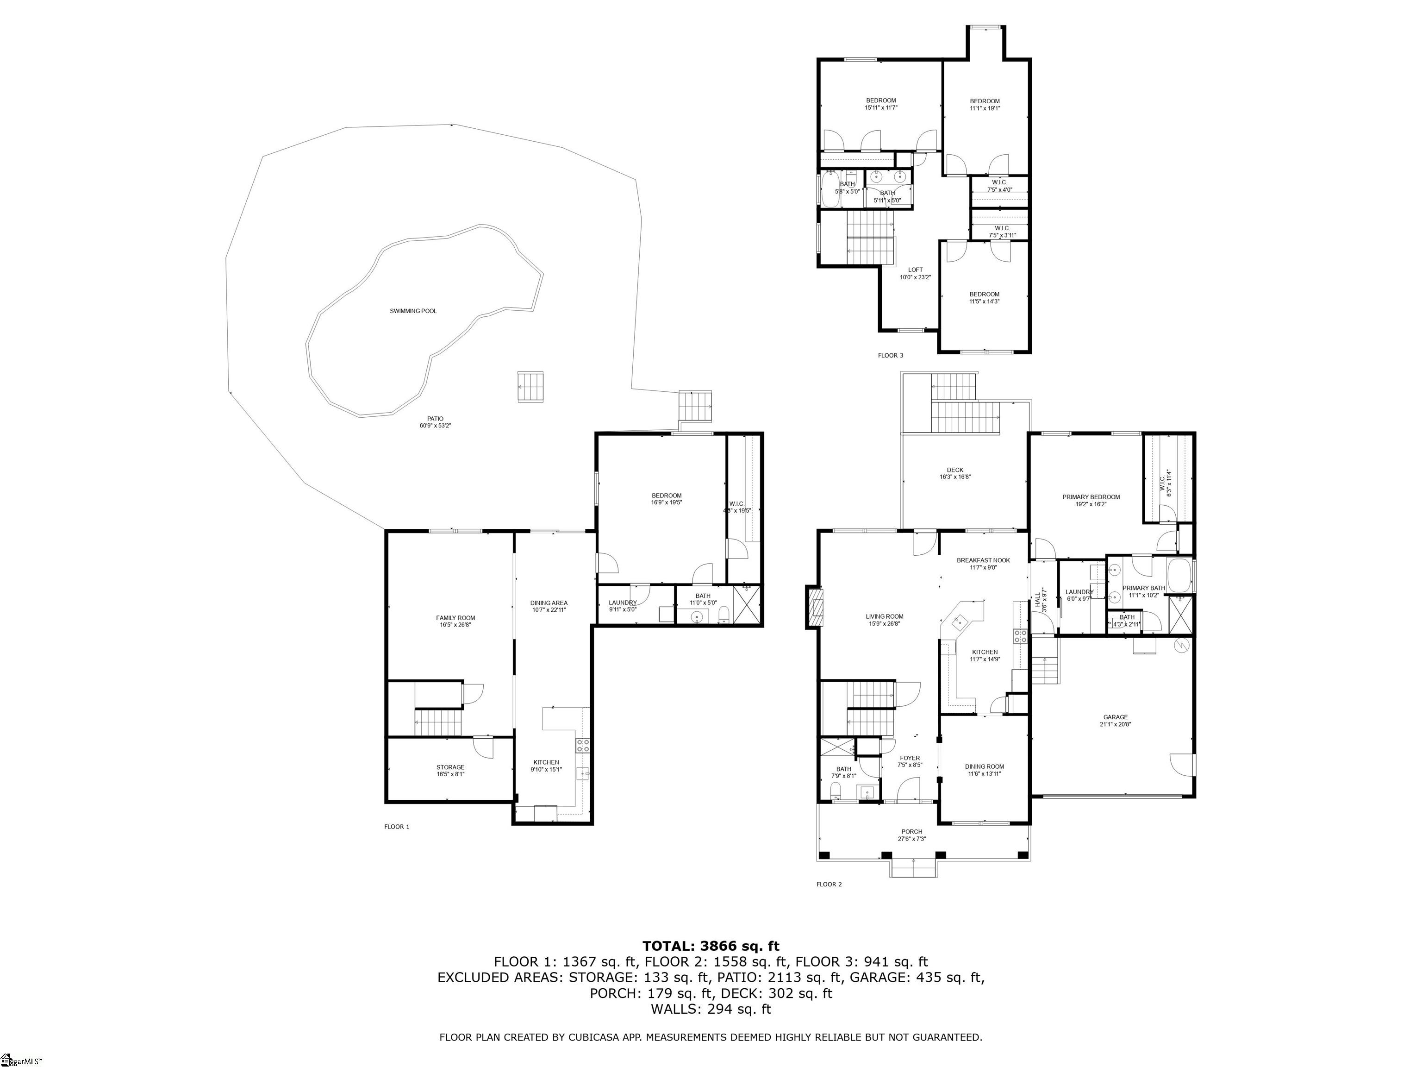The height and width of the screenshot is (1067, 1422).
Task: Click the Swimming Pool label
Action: [413, 311]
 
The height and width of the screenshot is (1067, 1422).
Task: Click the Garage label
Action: [1116, 717]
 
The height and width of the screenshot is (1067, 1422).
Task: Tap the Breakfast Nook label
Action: [983, 560]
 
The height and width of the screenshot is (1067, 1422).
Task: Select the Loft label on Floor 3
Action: [915, 270]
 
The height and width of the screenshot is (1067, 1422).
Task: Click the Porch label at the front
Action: [911, 832]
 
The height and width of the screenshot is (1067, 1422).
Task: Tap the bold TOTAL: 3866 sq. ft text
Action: [711, 946]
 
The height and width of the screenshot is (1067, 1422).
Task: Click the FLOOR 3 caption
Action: [890, 355]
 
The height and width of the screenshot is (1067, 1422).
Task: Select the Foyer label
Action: [910, 758]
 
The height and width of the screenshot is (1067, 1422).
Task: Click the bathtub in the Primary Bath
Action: [1179, 576]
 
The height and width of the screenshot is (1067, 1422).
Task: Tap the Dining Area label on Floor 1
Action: [549, 603]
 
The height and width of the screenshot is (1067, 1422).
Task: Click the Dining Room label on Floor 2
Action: [984, 766]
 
